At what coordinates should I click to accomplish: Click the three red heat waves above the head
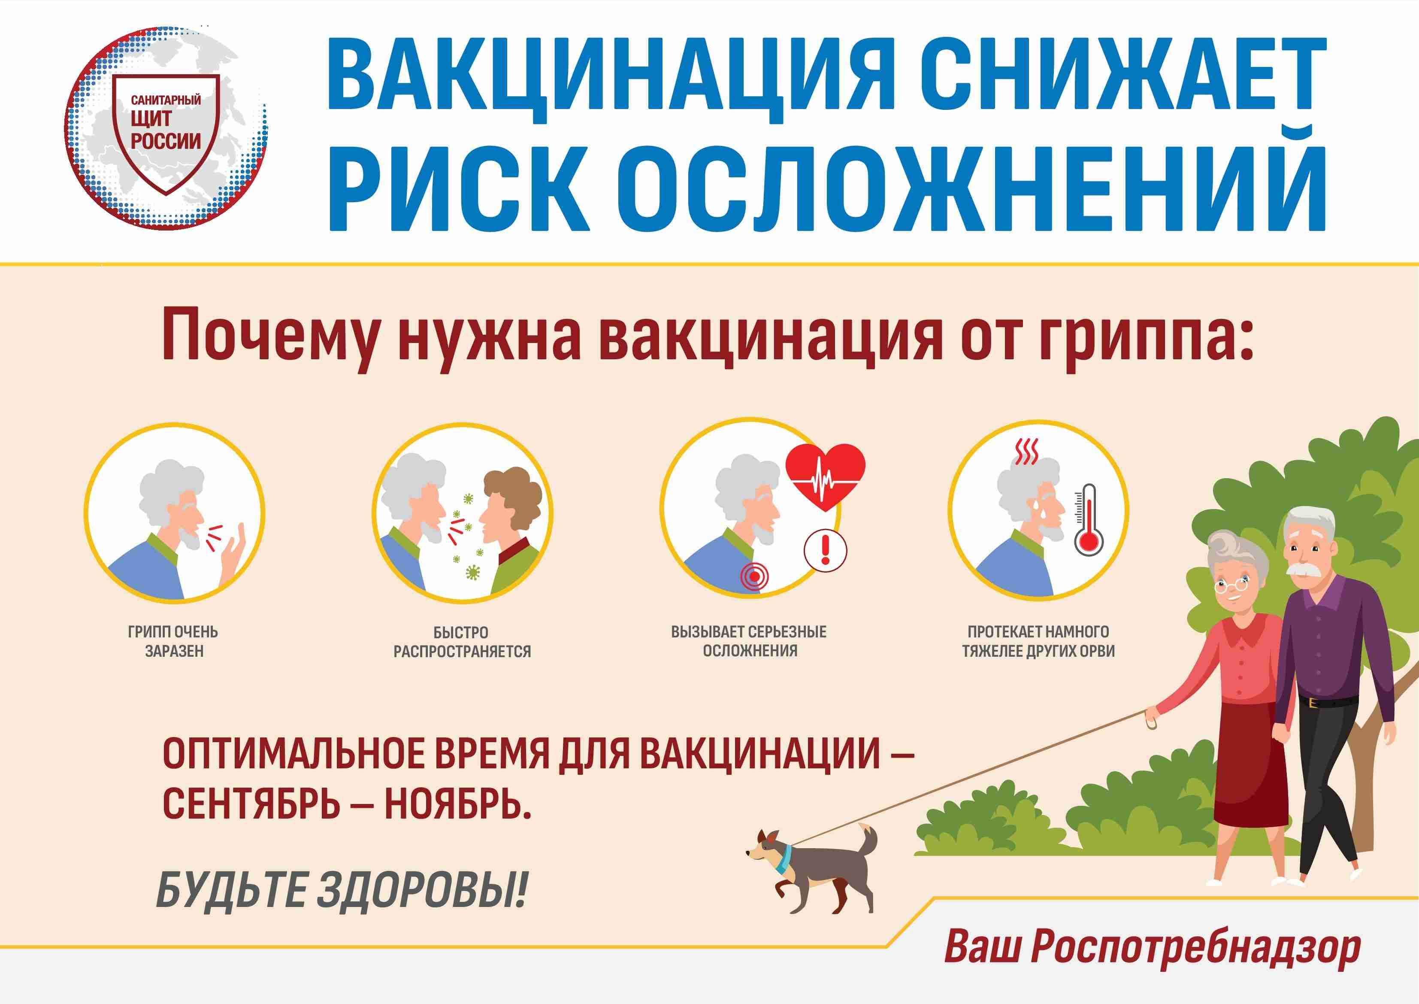pos(1026,452)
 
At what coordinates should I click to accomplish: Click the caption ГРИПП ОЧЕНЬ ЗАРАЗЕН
pos(174,641)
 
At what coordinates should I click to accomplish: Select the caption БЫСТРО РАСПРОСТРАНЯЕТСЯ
pos(462,642)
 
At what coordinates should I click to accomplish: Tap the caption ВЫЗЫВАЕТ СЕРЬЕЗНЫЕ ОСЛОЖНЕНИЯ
pos(749,641)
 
